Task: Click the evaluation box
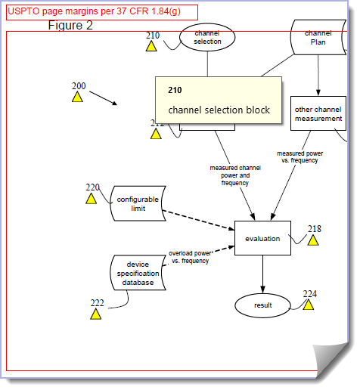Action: [x=262, y=239]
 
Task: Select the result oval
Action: [x=262, y=305]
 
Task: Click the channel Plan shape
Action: [x=318, y=37]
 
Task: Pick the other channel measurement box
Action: [x=318, y=113]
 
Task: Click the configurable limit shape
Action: [x=138, y=203]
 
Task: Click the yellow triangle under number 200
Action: [x=77, y=97]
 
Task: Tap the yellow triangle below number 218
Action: [x=312, y=240]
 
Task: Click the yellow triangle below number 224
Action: [x=309, y=305]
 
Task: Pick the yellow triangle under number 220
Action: [x=92, y=199]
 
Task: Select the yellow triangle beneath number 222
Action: [x=96, y=314]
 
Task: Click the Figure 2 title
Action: [x=70, y=26]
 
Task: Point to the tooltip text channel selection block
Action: [x=219, y=110]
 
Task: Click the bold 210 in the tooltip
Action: [x=175, y=90]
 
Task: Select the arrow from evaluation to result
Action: [x=262, y=274]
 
